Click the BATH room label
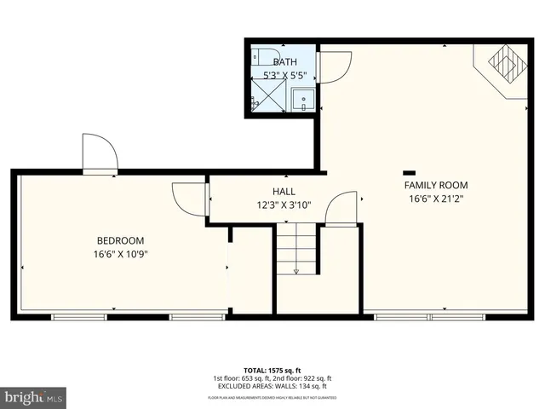284,61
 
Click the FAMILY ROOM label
436,185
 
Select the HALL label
284,191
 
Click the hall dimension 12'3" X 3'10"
284,204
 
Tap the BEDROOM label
120,240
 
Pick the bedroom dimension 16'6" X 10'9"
120,254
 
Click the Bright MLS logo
34,396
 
